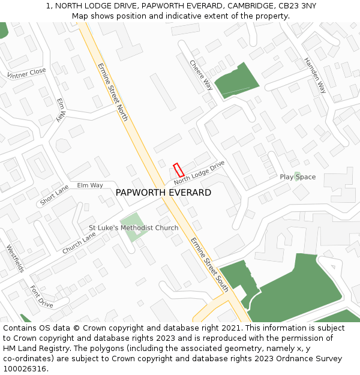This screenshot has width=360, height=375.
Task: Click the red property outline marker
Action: tap(178, 170)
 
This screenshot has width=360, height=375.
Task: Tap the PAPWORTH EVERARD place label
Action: tap(163, 193)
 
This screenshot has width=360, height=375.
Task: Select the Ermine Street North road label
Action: tap(112, 92)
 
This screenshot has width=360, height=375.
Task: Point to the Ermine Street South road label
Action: tap(210, 265)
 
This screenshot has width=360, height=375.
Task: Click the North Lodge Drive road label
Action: tap(199, 172)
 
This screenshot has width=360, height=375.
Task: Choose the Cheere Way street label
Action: tap(202, 75)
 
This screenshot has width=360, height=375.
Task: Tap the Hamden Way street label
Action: tap(315, 76)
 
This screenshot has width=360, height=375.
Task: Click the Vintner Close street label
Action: tap(26, 74)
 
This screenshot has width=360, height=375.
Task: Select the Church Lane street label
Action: tap(79, 243)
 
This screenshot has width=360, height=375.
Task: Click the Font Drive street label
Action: tap(41, 296)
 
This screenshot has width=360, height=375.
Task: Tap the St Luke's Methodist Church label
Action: tap(134, 228)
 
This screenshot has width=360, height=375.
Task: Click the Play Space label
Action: tap(298, 177)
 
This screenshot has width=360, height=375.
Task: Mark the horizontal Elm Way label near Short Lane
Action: tap(90, 185)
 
